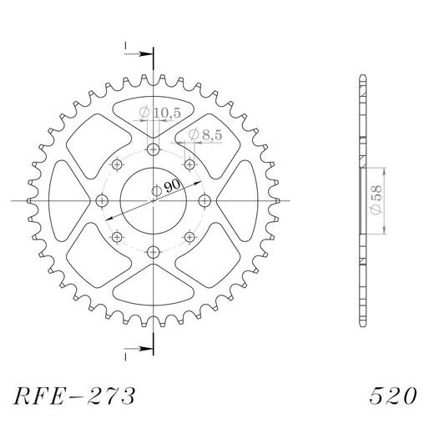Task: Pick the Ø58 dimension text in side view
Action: pyautogui.click(x=376, y=201)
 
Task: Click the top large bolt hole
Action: pyautogui.click(x=154, y=150)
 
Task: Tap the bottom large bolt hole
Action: pyautogui.click(x=154, y=251)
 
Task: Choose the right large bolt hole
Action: pyautogui.click(x=204, y=200)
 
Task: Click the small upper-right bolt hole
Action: pyautogui.click(x=189, y=164)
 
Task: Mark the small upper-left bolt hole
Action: pyautogui.click(x=118, y=164)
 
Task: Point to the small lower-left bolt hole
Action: pyautogui.click(x=118, y=237)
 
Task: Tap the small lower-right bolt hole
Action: pyautogui.click(x=189, y=237)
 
